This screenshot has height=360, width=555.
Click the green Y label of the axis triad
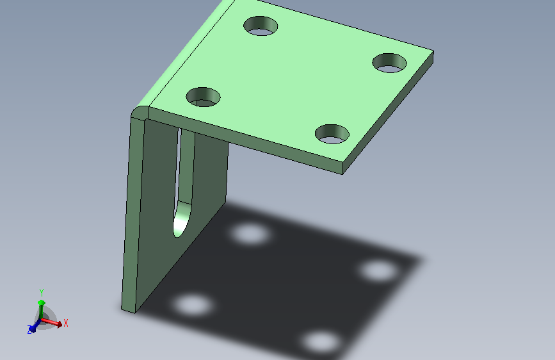42,293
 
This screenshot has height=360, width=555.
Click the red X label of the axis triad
65,323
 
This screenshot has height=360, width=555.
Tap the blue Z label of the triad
29,330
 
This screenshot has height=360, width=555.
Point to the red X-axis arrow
52,322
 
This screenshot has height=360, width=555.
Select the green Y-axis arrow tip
42,302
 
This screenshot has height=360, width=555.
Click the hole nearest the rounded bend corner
203,97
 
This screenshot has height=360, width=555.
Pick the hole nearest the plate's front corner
332,134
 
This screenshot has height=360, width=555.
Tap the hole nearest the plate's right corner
389,63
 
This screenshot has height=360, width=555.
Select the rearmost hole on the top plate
261,26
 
